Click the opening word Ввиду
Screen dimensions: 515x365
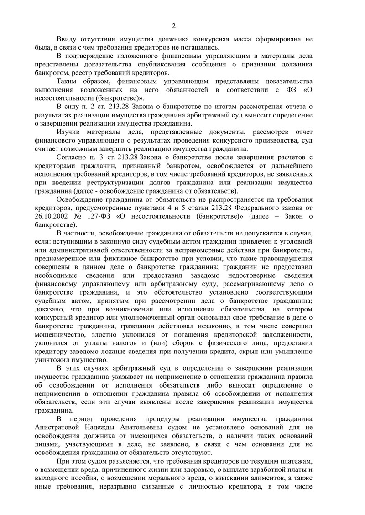(67, 39)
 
